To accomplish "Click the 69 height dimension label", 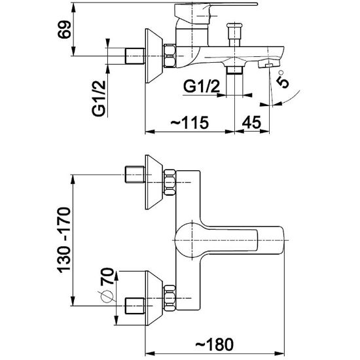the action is (64, 29).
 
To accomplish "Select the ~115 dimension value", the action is (190, 122).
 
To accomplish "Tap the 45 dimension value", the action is (251, 122).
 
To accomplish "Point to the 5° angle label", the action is (283, 79).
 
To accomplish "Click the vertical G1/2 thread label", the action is (99, 98).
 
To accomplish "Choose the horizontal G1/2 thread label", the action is (202, 87).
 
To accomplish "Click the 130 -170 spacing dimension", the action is (64, 240).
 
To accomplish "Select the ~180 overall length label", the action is (214, 344).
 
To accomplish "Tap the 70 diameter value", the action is (107, 276).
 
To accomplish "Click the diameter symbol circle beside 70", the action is (107, 296).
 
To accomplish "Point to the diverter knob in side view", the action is (234, 35).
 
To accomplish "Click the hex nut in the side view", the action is (170, 56).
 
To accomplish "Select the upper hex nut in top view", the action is (170, 183).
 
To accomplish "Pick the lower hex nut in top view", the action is (170, 298).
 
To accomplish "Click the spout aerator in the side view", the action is (269, 64).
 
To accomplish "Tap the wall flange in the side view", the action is (154, 56).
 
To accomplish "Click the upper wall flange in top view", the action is (154, 182).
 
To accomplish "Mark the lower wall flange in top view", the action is (154, 298).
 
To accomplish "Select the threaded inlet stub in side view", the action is (135, 56).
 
